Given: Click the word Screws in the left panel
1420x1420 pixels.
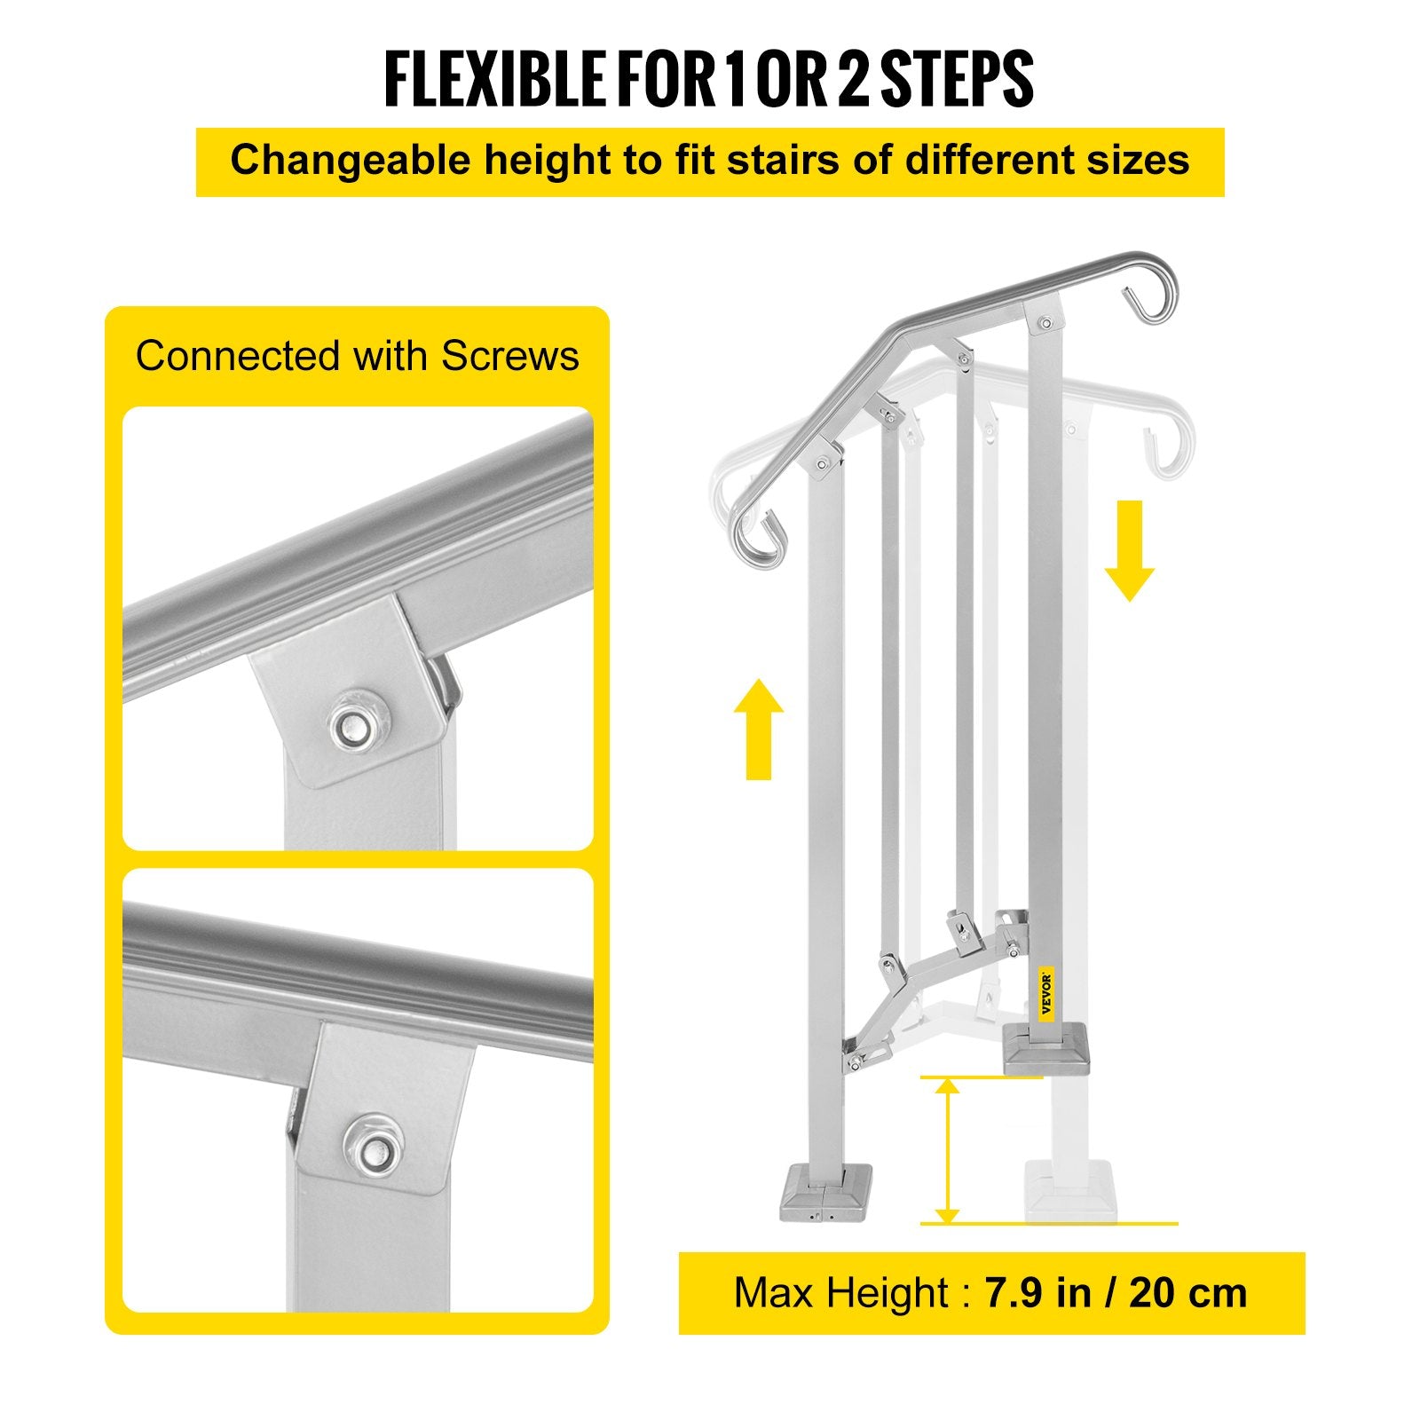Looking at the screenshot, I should click(x=510, y=356).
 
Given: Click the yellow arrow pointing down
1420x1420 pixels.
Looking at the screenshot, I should click(x=1129, y=550).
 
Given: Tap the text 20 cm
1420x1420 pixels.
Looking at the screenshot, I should click(x=1189, y=1293).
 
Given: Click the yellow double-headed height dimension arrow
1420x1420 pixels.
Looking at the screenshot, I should click(x=948, y=1150).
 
